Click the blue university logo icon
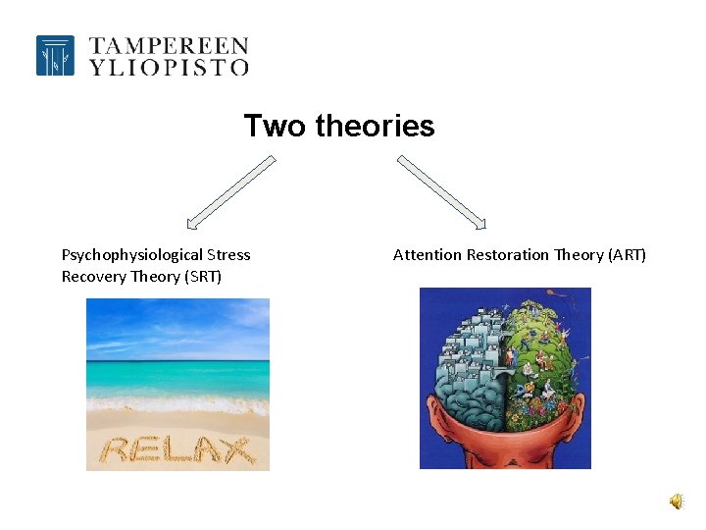(x=55, y=56)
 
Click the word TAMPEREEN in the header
(x=169, y=45)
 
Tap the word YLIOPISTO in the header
(x=169, y=67)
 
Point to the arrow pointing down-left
(x=231, y=192)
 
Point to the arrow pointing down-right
(x=441, y=192)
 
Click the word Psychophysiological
(x=131, y=255)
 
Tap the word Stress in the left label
(x=228, y=255)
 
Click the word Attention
(x=427, y=255)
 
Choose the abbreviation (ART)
(x=627, y=255)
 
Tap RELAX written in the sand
(x=177, y=450)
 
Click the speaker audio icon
(x=677, y=502)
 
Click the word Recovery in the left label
(x=94, y=277)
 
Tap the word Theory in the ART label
(x=579, y=255)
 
